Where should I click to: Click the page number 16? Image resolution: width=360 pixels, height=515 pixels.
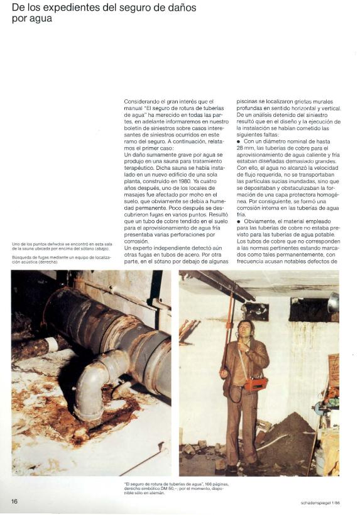tap(14, 501)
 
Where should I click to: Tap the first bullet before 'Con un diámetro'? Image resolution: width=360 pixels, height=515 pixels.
tap(238, 141)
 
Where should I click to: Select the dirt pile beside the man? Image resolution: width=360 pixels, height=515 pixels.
tap(290, 441)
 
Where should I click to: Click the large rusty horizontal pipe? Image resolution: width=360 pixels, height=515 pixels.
tap(107, 327)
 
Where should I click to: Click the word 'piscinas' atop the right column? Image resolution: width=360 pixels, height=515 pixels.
tap(249, 101)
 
